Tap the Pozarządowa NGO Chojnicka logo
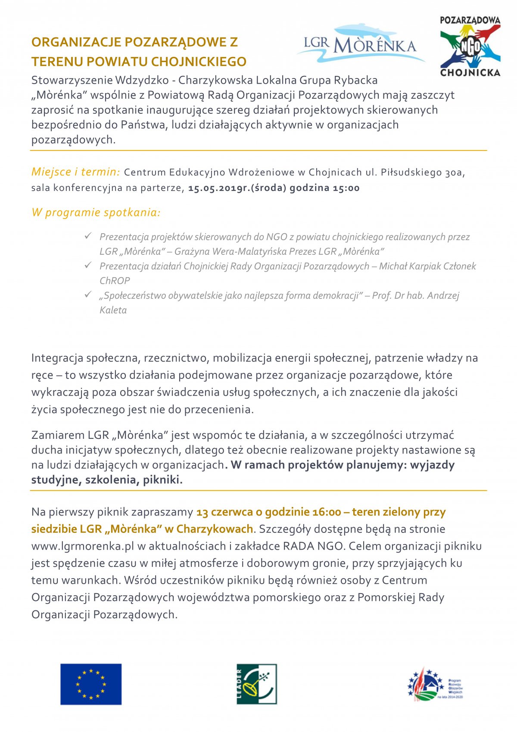click(470, 47)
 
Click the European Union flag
click(91, 684)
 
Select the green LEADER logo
click(257, 684)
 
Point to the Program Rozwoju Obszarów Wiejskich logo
click(435, 684)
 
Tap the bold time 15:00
click(346, 188)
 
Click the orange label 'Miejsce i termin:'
click(75, 172)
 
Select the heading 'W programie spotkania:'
click(96, 213)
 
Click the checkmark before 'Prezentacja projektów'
click(88, 236)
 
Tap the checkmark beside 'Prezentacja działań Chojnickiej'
click(88, 265)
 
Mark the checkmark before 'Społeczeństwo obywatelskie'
click(88, 294)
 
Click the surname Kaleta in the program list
click(113, 310)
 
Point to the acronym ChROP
click(115, 281)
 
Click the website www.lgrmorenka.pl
click(83, 546)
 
